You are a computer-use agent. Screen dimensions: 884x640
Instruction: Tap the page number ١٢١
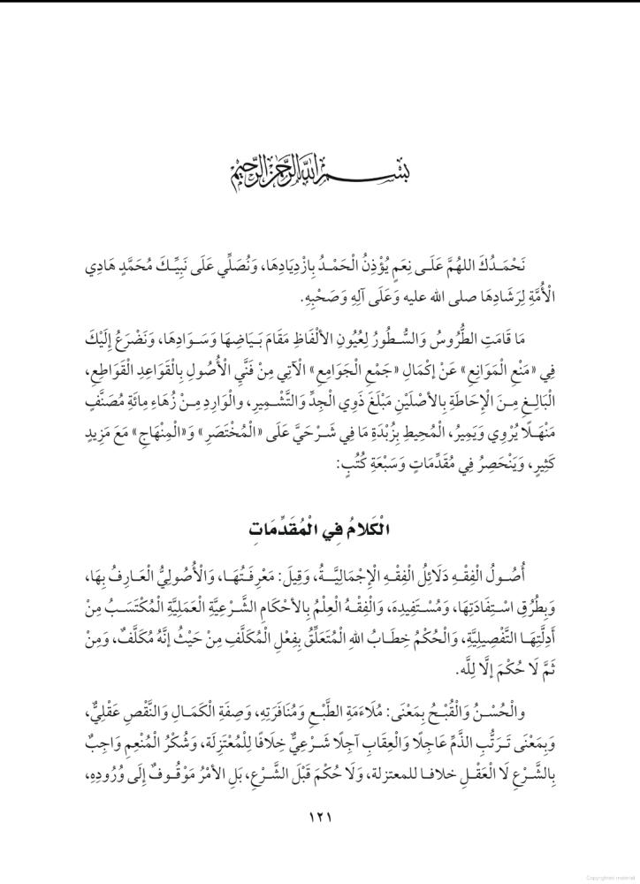pyautogui.click(x=319, y=815)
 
